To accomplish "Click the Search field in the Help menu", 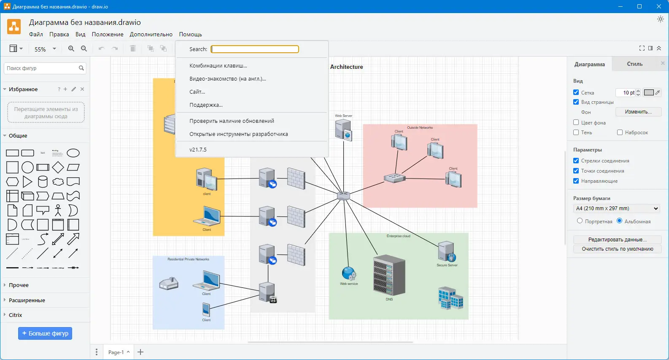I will [x=255, y=49].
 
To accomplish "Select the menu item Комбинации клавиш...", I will [x=218, y=66].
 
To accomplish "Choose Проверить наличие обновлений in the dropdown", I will [x=232, y=121].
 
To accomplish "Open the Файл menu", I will [x=36, y=34].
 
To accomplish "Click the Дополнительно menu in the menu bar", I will [x=151, y=34].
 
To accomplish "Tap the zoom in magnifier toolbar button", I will [x=71, y=49].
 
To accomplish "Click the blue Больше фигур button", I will [x=45, y=333].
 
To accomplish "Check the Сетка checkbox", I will [x=576, y=92].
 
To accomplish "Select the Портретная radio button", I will [x=580, y=221].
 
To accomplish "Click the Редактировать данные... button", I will [x=617, y=239].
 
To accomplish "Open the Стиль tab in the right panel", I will [x=634, y=64].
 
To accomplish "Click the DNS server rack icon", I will [x=389, y=275].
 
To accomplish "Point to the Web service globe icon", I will [x=349, y=274].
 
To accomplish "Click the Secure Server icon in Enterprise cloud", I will [x=447, y=252].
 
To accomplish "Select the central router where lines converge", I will [x=344, y=195].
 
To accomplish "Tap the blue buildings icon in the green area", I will [x=450, y=298].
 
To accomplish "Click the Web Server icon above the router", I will [x=343, y=129].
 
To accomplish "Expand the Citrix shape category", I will [x=16, y=315].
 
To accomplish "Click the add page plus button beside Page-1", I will [x=140, y=352].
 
